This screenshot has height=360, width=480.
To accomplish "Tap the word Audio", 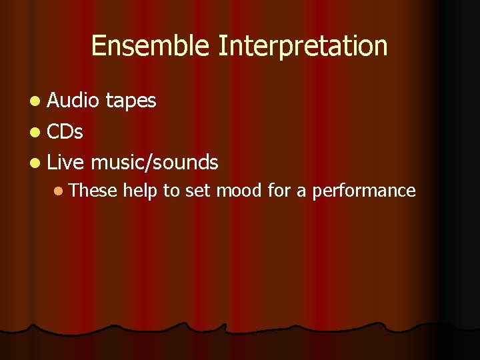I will click(73, 101).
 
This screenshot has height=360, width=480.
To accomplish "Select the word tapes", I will click(131, 101).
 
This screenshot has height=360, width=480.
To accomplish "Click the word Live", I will click(66, 162).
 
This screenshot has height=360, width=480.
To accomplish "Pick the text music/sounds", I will click(155, 162).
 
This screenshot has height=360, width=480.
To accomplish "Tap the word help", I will click(141, 191).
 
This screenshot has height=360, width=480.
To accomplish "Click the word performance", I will click(364, 191).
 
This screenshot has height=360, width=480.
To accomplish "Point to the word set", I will click(197, 191).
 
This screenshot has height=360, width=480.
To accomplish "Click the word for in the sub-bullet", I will click(279, 191).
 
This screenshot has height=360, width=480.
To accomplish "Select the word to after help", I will click(171, 191).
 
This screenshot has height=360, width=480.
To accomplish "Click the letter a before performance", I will click(301, 192).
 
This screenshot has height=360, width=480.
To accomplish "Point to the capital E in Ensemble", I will click(98, 46).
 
